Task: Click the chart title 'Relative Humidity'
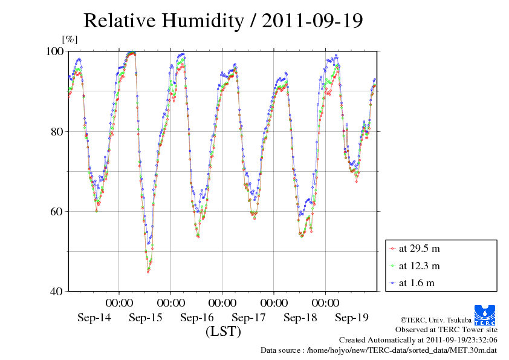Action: point(163,21)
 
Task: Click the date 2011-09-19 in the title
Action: point(313,21)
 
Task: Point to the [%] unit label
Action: point(70,39)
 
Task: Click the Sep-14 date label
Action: point(94,318)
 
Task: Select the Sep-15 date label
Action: point(146,318)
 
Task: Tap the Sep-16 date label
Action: point(197,318)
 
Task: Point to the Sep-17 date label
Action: point(249,318)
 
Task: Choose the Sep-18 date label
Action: point(300,318)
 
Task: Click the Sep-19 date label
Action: point(352,318)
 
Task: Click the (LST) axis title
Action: point(223,332)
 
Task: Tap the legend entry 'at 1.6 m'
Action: point(417,283)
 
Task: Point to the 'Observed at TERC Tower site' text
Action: point(446,330)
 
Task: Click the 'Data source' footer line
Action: point(378,350)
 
